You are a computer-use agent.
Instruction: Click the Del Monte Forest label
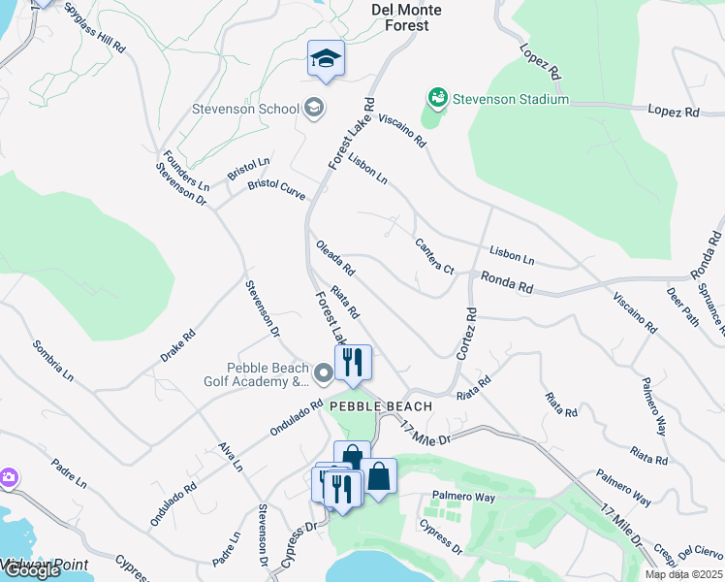[x=407, y=17]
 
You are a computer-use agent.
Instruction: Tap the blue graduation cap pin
[x=327, y=60]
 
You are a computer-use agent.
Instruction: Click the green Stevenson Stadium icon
[x=436, y=99]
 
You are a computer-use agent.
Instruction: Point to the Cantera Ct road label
[x=434, y=255]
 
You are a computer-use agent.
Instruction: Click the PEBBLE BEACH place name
[x=375, y=405]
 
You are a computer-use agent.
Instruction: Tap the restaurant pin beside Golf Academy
[x=353, y=364]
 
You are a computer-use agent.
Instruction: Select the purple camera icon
[x=8, y=477]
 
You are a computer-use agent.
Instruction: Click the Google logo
[x=31, y=570]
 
